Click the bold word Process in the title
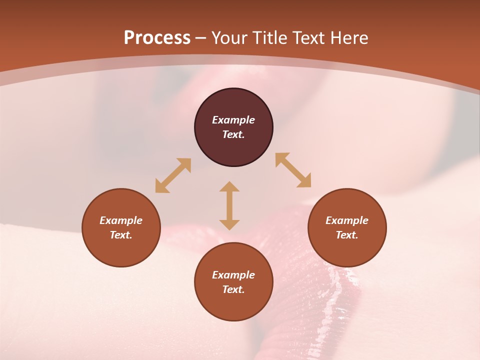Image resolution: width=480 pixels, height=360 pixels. pyautogui.click(x=157, y=38)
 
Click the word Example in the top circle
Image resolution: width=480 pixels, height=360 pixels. pyautogui.click(x=233, y=120)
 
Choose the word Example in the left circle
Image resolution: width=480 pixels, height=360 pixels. pyautogui.click(x=121, y=220)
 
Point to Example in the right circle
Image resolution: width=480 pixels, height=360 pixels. pyautogui.click(x=347, y=220)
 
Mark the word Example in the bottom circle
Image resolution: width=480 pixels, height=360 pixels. pyautogui.click(x=233, y=275)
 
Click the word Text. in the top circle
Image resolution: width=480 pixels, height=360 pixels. pyautogui.click(x=233, y=134)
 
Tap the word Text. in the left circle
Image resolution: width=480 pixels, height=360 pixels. pyautogui.click(x=121, y=235)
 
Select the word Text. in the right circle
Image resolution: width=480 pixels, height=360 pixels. pyautogui.click(x=347, y=235)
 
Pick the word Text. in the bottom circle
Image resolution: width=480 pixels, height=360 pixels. pyautogui.click(x=233, y=289)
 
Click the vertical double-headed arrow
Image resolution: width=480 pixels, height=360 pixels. pyautogui.click(x=229, y=205)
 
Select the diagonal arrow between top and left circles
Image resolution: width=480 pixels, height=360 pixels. pyautogui.click(x=173, y=175)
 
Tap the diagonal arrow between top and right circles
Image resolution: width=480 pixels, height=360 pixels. pyautogui.click(x=293, y=170)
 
